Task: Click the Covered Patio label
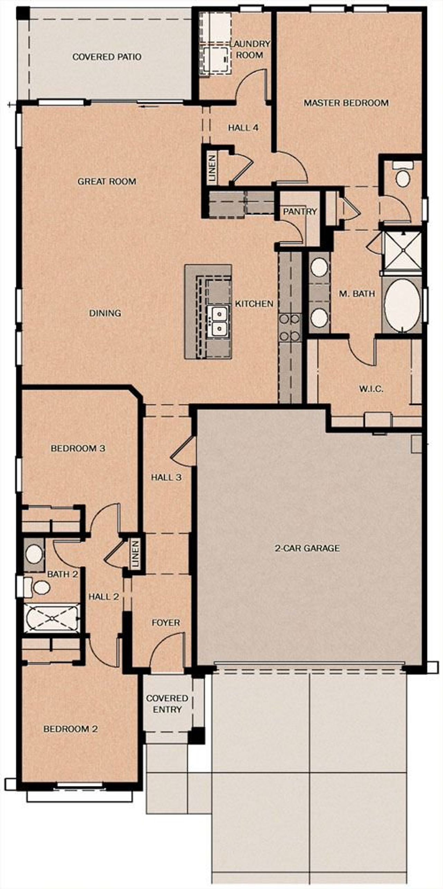click(107, 57)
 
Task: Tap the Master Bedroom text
click(346, 103)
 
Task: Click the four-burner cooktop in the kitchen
click(289, 327)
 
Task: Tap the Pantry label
click(300, 211)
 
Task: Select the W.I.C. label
click(371, 389)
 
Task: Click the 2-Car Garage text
click(307, 548)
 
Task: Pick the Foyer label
click(166, 623)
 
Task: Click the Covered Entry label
click(167, 704)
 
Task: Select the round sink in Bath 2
click(34, 554)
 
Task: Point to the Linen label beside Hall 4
click(212, 169)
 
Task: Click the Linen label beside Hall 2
click(135, 554)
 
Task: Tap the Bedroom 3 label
click(78, 448)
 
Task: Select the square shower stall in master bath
click(403, 251)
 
